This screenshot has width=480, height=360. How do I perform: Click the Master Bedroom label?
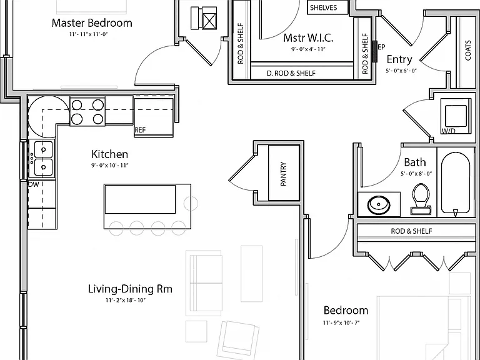click(92, 23)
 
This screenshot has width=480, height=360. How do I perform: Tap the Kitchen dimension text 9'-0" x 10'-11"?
click(109, 166)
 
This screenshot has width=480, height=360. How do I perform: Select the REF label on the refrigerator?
click(140, 130)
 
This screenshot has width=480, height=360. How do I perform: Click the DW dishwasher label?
click(33, 184)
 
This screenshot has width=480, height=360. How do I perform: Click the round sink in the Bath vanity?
click(379, 204)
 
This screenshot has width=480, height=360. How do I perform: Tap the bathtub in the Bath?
click(456, 183)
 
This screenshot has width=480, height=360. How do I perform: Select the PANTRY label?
click(284, 174)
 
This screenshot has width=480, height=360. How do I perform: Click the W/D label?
click(448, 131)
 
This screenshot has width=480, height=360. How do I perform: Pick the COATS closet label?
click(468, 51)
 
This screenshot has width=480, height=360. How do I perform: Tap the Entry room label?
click(399, 59)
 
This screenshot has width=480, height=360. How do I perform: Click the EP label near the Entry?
click(381, 47)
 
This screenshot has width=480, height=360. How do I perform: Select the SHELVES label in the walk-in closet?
click(324, 7)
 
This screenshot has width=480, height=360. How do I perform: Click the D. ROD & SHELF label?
click(291, 73)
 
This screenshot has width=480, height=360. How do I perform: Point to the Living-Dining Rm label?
click(130, 289)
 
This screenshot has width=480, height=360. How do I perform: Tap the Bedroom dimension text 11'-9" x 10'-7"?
click(341, 322)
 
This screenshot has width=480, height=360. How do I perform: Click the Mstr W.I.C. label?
click(308, 38)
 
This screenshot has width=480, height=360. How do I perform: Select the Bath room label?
click(415, 162)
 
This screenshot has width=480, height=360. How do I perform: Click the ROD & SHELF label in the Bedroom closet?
click(411, 231)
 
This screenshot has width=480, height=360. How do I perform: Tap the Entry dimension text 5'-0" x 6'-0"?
click(401, 71)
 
